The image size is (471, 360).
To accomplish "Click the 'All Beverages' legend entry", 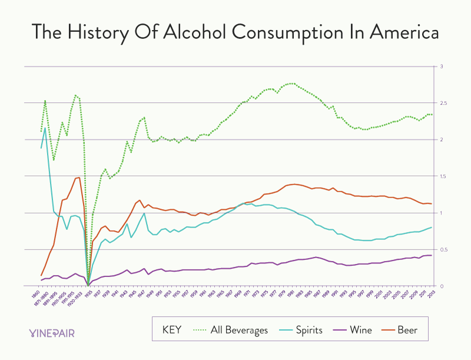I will click(x=240, y=330).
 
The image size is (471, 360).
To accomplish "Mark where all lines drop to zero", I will click(x=88, y=285).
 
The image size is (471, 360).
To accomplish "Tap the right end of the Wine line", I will click(x=432, y=255).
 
